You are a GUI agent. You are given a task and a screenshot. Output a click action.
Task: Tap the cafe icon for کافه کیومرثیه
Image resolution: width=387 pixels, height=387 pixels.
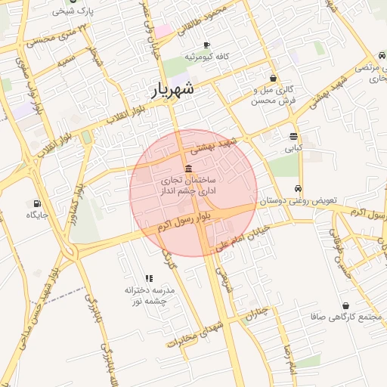(206, 45)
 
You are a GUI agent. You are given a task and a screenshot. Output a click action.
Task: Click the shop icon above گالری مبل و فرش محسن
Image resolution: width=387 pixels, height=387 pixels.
(273, 78)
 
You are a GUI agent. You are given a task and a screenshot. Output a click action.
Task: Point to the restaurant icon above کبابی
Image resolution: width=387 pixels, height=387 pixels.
(293, 136)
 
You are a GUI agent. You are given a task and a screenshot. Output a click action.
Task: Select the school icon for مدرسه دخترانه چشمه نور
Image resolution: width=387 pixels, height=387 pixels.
(148, 278)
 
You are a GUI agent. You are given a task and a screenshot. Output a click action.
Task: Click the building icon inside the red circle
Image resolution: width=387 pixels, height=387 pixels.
(188, 168)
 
